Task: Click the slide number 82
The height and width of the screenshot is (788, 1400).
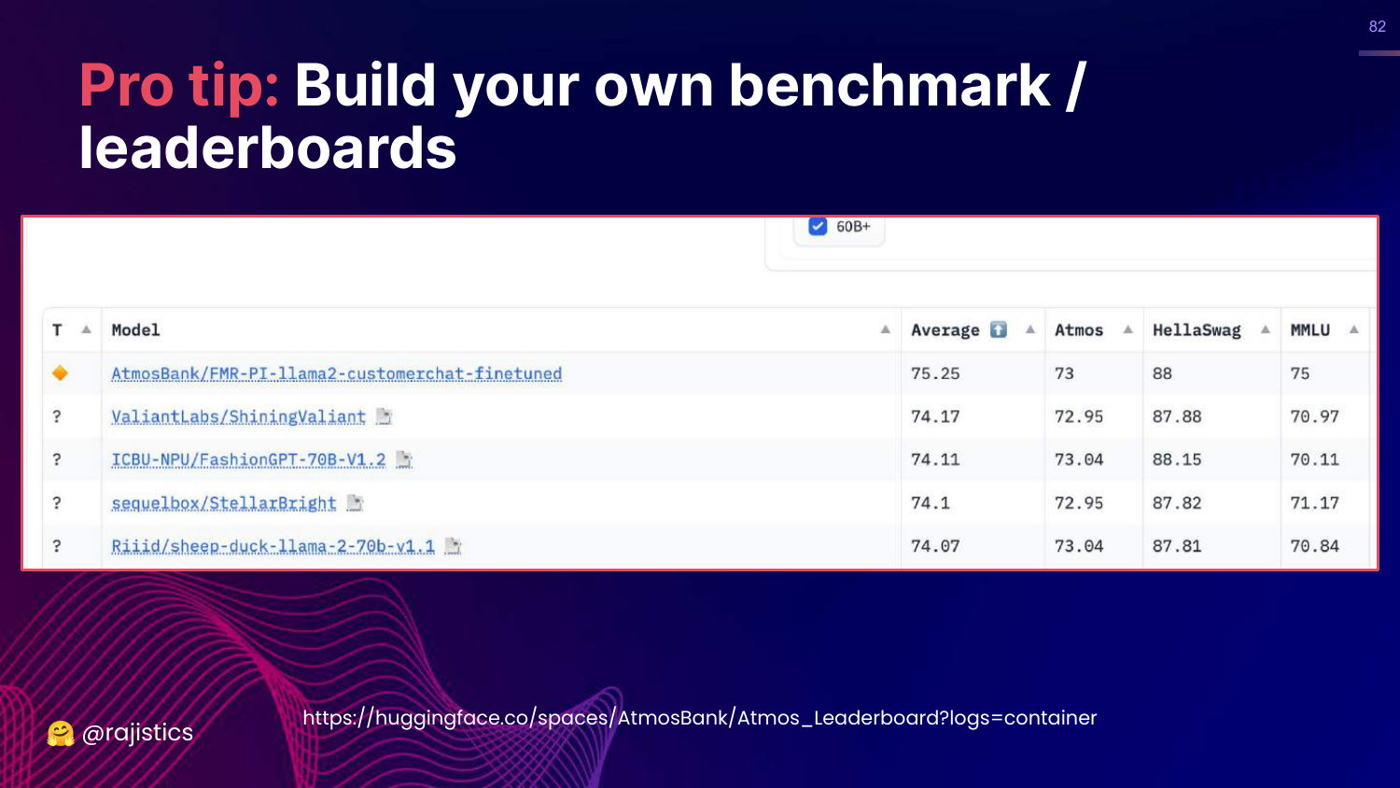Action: click(1378, 26)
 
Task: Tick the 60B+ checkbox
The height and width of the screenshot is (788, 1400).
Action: click(818, 226)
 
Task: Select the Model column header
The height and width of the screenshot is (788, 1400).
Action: click(135, 330)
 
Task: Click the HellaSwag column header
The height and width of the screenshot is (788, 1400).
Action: click(1197, 330)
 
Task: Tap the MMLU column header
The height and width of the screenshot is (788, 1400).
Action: click(1310, 330)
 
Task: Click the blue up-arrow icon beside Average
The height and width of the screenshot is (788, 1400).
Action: click(998, 330)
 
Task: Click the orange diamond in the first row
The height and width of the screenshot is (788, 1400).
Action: click(60, 373)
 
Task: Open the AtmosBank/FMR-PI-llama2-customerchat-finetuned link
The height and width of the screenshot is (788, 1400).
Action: click(336, 373)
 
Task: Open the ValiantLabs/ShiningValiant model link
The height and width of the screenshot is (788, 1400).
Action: click(238, 416)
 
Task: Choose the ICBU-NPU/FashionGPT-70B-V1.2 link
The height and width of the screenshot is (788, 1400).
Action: click(248, 459)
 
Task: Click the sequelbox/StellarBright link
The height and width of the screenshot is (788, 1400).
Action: click(224, 503)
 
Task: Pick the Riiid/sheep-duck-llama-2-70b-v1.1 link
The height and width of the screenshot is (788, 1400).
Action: click(273, 546)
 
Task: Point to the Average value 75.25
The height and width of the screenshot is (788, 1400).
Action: click(935, 373)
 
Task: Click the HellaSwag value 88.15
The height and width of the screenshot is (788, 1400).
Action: click(1177, 459)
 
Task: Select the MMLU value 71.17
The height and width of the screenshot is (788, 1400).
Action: click(1315, 503)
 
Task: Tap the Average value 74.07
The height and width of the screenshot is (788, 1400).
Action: click(935, 546)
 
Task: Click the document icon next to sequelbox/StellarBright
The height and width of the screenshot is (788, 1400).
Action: click(355, 503)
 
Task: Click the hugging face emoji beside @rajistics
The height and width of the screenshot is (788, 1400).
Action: click(61, 734)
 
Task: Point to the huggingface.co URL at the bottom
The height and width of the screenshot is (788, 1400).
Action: click(699, 718)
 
